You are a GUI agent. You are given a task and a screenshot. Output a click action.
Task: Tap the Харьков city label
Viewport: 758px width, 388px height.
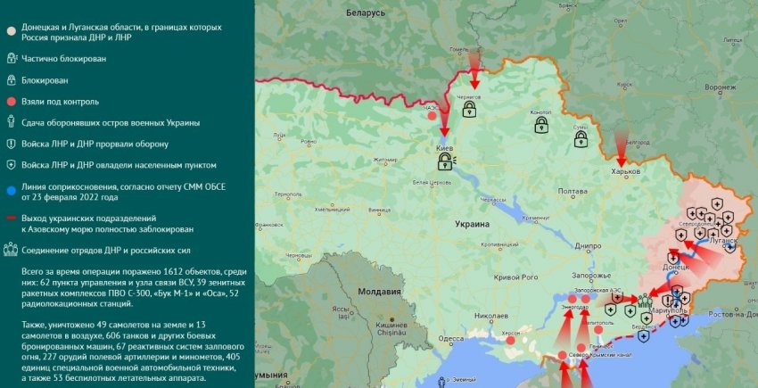(x=626, y=171)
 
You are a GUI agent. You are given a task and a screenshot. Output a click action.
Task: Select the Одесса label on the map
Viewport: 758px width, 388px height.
(x=451, y=338)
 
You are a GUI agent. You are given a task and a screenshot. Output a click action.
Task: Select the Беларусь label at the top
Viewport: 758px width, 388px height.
(x=366, y=13)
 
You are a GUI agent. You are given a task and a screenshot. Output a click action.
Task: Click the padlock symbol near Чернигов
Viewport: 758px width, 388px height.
(x=469, y=110)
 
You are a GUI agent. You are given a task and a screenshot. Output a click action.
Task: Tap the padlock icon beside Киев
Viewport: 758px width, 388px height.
(x=444, y=161)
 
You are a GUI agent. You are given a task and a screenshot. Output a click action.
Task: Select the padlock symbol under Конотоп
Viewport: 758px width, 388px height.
(x=541, y=127)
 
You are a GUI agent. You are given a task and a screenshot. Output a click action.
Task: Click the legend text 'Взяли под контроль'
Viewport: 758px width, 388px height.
(x=62, y=102)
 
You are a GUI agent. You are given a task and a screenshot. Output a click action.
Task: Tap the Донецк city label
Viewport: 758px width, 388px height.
(x=675, y=267)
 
